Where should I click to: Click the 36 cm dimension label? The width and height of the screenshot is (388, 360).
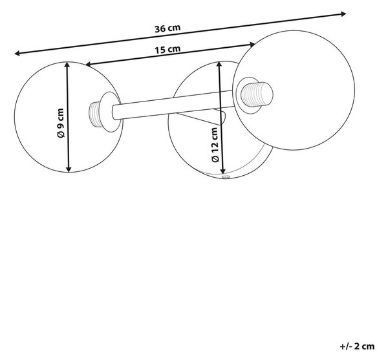tap(167, 28)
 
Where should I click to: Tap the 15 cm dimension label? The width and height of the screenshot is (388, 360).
tap(167, 50)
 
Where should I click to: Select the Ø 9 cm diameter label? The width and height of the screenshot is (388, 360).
tap(61, 123)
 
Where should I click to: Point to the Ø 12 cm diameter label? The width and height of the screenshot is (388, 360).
tap(215, 145)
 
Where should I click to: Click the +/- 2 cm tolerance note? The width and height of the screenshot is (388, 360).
tap(357, 346)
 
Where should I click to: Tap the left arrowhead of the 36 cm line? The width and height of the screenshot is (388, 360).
tap(17, 53)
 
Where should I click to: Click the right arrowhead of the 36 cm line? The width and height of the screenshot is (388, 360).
tap(343, 14)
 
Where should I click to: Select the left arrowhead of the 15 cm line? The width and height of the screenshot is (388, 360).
tap(88, 65)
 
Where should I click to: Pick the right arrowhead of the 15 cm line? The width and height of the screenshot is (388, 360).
tap(252, 45)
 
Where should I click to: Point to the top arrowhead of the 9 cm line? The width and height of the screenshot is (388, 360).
tap(67, 65)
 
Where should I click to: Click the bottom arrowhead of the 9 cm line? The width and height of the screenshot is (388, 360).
tap(69, 169)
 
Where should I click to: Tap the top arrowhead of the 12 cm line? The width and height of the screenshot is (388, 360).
tap(219, 64)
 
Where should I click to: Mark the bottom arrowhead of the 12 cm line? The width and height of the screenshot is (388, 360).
tap(223, 171)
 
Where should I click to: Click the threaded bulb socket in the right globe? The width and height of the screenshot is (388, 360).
tap(257, 95)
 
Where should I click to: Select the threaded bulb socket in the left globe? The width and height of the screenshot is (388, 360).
tap(94, 114)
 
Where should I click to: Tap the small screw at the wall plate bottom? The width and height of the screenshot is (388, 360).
tap(226, 177)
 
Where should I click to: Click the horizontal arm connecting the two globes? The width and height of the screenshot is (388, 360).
tap(173, 106)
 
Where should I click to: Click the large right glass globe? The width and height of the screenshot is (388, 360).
tap(294, 90)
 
